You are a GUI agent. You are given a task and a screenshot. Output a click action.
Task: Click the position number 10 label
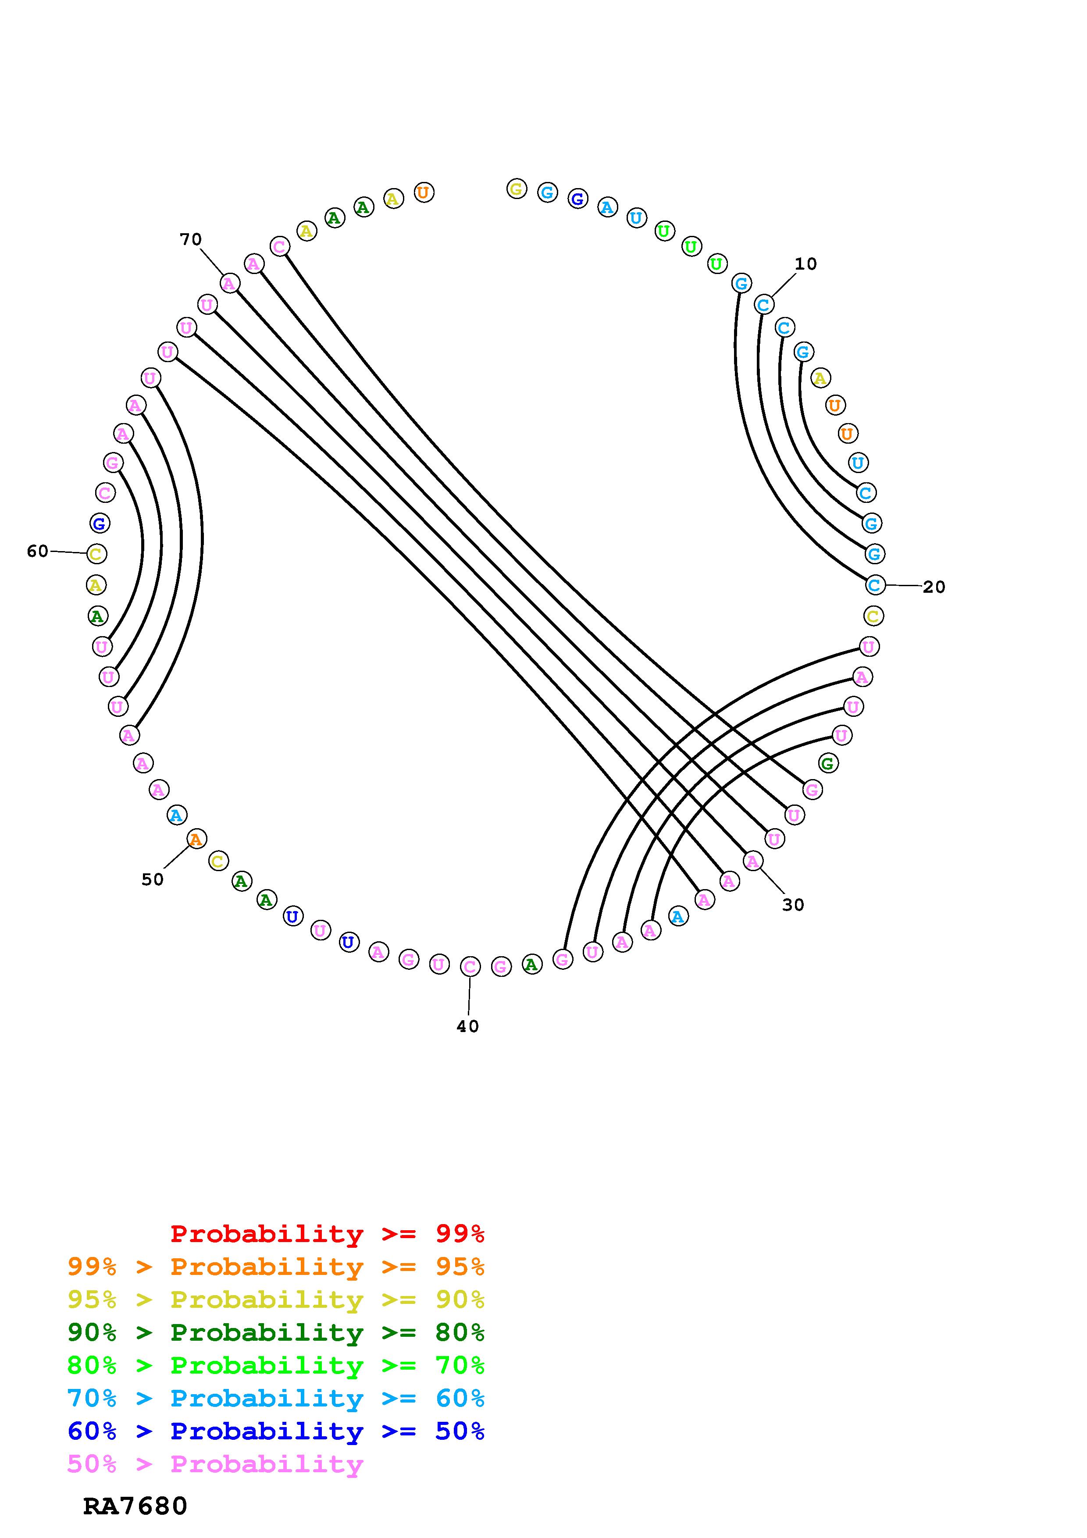coord(805,264)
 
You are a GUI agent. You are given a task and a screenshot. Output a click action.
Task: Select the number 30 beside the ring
coord(793,905)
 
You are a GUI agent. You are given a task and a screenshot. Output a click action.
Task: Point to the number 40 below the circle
coord(467,1026)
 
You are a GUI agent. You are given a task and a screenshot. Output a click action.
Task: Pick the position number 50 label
coord(152,879)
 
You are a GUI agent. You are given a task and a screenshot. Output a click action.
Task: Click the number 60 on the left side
coord(38,551)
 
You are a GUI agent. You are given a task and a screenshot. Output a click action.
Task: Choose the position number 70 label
coord(190,239)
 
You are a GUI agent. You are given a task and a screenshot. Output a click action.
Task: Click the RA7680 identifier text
coord(135,1506)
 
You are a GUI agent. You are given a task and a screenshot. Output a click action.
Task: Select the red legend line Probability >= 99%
coord(328,1234)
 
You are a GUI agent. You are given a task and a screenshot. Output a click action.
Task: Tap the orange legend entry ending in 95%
coord(276,1267)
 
